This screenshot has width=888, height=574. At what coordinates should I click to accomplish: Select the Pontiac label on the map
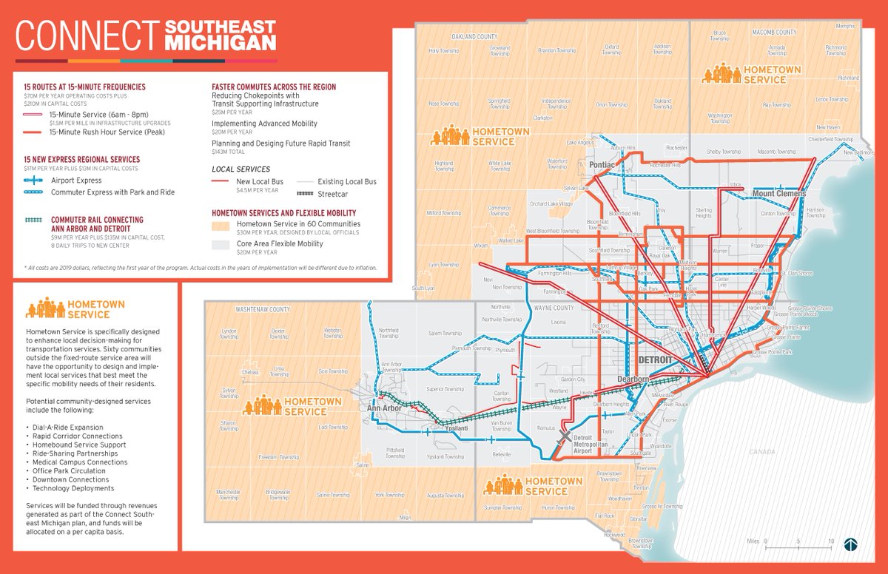click(x=603, y=164)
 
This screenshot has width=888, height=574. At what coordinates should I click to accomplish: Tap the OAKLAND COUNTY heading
click(x=474, y=37)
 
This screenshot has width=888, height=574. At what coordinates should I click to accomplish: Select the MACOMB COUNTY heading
click(x=774, y=33)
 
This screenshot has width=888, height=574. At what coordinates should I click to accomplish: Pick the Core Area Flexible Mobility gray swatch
click(x=221, y=244)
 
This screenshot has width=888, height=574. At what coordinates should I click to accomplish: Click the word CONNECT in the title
click(x=87, y=35)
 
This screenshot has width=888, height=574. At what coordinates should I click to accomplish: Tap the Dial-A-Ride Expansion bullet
click(x=68, y=428)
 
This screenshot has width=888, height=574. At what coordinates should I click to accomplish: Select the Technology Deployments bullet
click(x=73, y=488)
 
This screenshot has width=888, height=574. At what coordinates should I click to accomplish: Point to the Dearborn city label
click(x=632, y=379)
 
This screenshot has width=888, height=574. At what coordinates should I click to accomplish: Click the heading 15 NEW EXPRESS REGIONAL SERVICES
click(x=81, y=160)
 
